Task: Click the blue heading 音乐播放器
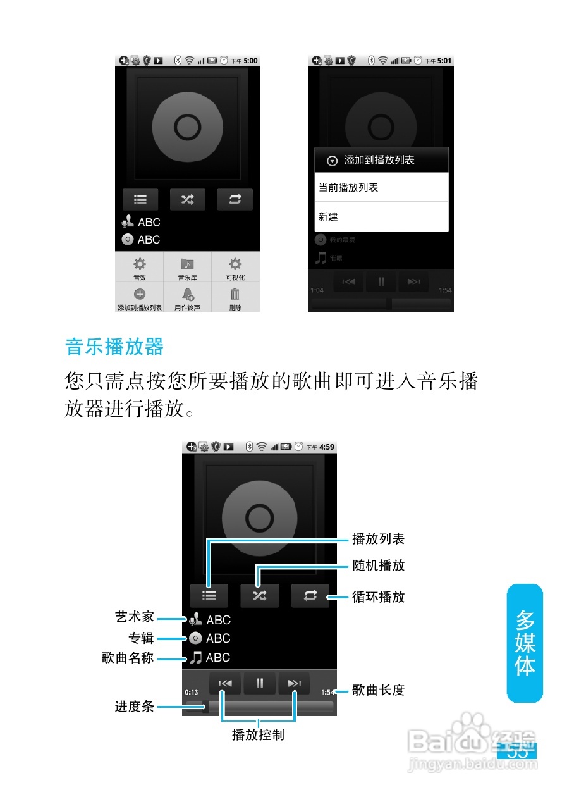[114, 347]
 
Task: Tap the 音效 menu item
[139, 268]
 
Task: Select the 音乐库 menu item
[187, 268]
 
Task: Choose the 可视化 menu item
[235, 268]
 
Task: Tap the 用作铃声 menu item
[187, 298]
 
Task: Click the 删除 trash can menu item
[235, 298]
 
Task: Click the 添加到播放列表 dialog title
[379, 160]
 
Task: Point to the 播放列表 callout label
[378, 539]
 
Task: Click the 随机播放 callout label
[378, 565]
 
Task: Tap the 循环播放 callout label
[378, 597]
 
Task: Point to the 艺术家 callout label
[134, 617]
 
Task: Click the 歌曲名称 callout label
[128, 658]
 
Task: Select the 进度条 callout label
[134, 707]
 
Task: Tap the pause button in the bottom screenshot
[259, 683]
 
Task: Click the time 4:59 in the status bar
[327, 447]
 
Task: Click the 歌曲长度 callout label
[378, 690]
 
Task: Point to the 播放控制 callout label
[258, 735]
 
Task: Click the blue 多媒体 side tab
[525, 643]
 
